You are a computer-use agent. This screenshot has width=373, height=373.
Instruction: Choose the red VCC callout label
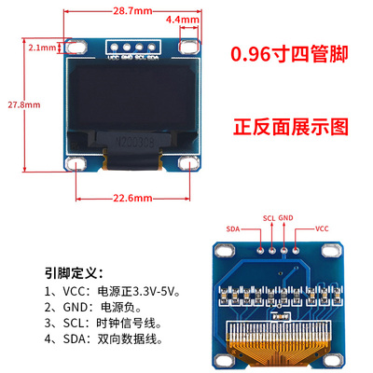322,228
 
